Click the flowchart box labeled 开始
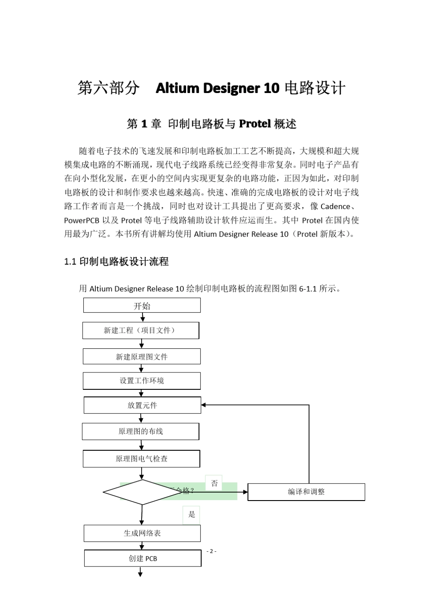click(142, 306)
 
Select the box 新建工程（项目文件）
click(141, 331)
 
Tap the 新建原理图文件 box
click(142, 357)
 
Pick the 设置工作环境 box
click(142, 381)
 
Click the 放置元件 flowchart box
click(142, 405)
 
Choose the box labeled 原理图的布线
click(141, 431)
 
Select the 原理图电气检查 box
click(142, 459)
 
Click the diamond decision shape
click(142, 492)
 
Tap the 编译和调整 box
click(306, 492)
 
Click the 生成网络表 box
click(142, 533)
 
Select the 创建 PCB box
click(142, 558)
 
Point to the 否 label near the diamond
click(214, 483)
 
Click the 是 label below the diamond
click(191, 515)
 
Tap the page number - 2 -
click(211, 551)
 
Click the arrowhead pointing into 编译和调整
click(245, 492)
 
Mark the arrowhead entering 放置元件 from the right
click(203, 405)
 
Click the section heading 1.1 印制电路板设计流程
click(116, 262)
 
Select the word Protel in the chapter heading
click(255, 124)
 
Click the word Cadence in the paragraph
click(335, 206)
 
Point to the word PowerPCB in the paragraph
click(82, 220)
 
